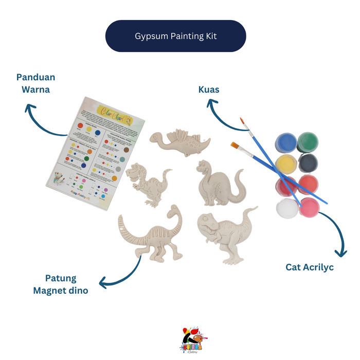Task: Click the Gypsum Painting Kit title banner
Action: [x=175, y=36]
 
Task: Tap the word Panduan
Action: [x=35, y=77]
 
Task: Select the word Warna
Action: [x=35, y=89]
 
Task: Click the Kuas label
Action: [x=209, y=89]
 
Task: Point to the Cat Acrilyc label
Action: [x=310, y=267]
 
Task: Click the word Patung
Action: [x=61, y=278]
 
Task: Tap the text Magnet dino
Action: [x=61, y=291]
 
